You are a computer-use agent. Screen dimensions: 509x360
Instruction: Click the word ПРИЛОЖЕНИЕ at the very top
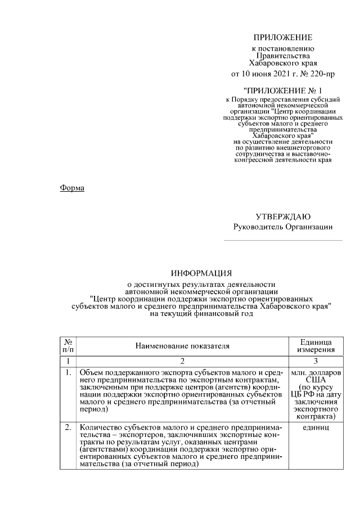(282, 38)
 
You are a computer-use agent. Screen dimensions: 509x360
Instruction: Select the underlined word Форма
(72, 188)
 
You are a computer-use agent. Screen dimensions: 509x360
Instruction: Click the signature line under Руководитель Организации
(282, 241)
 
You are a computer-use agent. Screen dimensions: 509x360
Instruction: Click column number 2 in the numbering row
(182, 361)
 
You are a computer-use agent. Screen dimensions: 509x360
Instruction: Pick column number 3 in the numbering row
(315, 361)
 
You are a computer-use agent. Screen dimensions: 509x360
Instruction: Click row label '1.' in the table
(68, 372)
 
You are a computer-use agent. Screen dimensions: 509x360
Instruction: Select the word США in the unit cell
(315, 380)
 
